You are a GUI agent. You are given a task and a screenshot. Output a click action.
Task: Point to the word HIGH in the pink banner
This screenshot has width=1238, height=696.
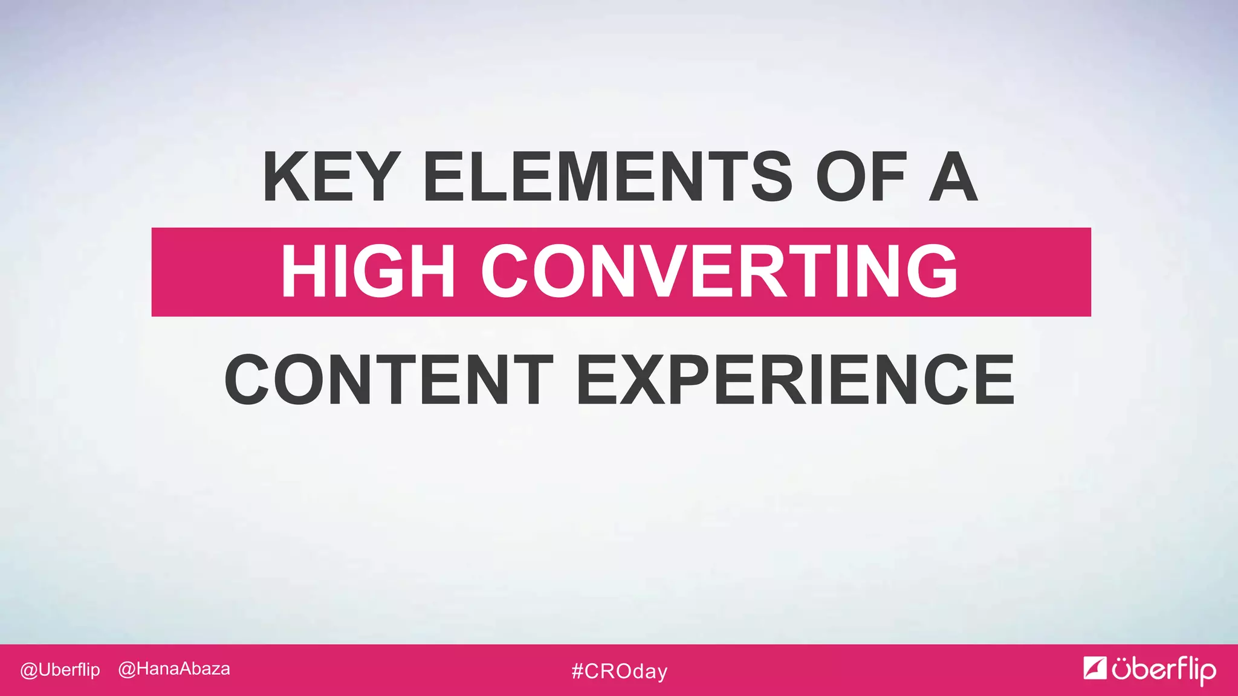(368, 271)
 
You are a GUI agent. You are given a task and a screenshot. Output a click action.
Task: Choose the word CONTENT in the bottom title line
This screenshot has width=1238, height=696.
(388, 380)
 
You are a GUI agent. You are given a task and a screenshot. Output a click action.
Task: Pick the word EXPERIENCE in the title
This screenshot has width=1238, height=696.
(795, 380)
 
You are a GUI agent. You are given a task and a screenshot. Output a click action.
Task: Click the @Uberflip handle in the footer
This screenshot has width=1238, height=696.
(60, 670)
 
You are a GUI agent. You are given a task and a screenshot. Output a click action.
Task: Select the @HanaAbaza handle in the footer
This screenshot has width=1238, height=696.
(174, 669)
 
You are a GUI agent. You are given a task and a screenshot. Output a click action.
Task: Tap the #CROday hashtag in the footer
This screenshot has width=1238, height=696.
(620, 671)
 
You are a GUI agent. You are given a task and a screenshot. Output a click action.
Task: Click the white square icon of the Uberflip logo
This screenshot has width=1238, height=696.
(1095, 668)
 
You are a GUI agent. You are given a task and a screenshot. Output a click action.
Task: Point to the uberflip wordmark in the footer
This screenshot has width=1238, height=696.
(1164, 670)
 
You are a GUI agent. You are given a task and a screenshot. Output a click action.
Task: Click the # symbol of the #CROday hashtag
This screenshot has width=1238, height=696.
(577, 671)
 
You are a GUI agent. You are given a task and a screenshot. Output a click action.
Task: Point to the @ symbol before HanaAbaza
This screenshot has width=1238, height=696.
(126, 669)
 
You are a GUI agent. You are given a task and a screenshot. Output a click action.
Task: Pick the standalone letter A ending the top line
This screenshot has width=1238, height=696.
(953, 176)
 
